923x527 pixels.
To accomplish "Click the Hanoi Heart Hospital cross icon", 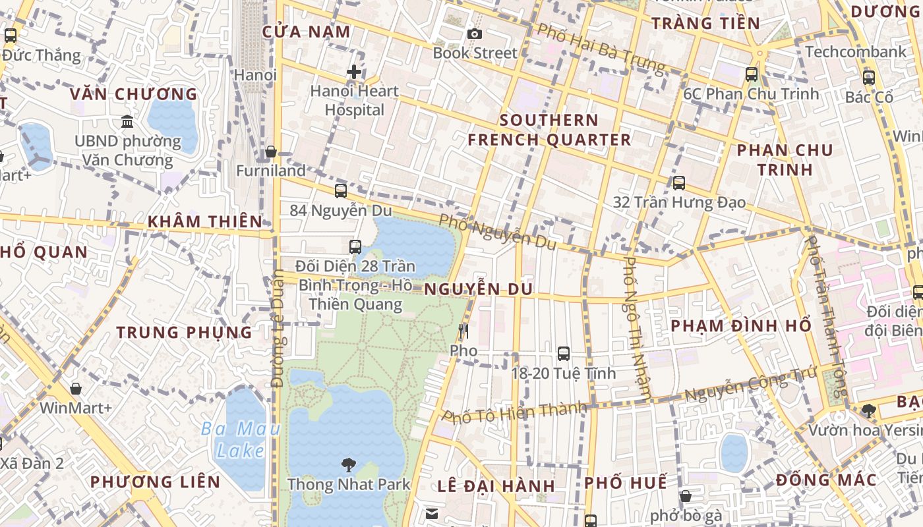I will coord(354,72).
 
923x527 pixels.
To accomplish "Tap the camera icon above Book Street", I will coord(474,34).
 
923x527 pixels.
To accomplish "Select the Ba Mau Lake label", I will coord(241,440).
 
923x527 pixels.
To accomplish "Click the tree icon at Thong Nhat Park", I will coord(349,465).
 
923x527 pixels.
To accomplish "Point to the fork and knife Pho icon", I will coord(463,331).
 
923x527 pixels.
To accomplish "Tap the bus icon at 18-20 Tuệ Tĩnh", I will coord(564,353).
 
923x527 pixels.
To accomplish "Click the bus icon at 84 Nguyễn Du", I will coord(341,191).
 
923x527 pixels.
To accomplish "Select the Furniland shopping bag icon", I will coord(271,152).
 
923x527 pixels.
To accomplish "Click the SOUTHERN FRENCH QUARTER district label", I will coord(549,130).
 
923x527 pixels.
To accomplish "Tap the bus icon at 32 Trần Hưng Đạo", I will coord(679,183).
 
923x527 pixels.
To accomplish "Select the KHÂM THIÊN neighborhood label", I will coord(205,221).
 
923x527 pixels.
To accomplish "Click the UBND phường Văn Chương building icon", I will coord(127,122).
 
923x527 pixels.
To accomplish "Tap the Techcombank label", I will coord(856,51).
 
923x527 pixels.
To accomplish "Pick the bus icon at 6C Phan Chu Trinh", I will coord(752,74).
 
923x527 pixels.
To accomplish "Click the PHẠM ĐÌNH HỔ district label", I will coord(740,326).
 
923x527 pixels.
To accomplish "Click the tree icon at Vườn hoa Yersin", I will coord(869,411).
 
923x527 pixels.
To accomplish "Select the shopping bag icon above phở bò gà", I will coord(686,496).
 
